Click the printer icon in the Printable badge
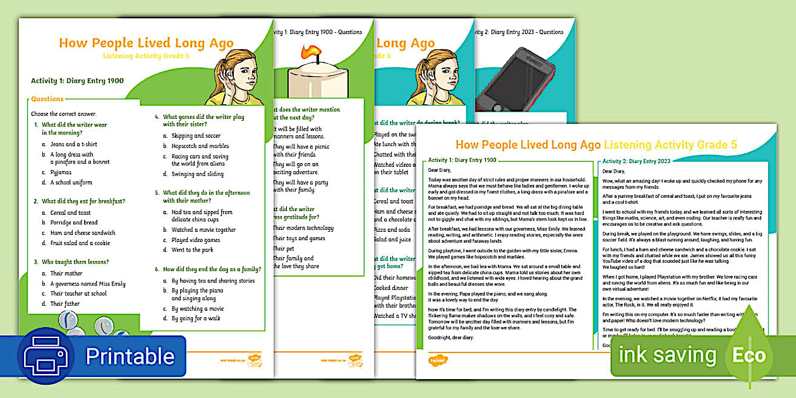click(45, 356)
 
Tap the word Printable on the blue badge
click(130, 356)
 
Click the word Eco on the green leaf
click(749, 355)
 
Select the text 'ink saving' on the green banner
click(667, 355)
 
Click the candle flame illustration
click(311, 52)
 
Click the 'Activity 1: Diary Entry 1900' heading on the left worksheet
click(77, 81)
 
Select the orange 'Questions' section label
click(47, 99)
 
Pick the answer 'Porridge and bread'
click(74, 222)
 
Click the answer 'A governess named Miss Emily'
click(88, 284)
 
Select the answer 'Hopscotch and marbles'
click(200, 146)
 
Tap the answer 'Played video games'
click(196, 240)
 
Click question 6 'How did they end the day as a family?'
click(207, 268)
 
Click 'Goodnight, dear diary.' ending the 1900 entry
click(450, 337)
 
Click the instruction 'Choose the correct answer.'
click(64, 114)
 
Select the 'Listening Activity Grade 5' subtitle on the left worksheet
click(146, 56)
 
